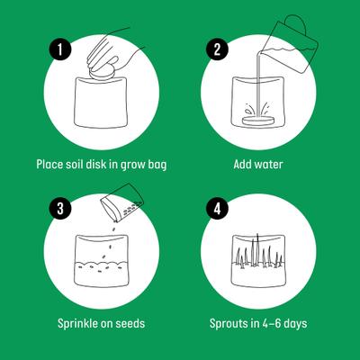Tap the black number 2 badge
pyautogui.click(x=215, y=49)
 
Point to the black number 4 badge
pyautogui.click(x=215, y=208)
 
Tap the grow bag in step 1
pyautogui.click(x=102, y=108)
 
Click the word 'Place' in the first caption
pyautogui.click(x=50, y=165)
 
